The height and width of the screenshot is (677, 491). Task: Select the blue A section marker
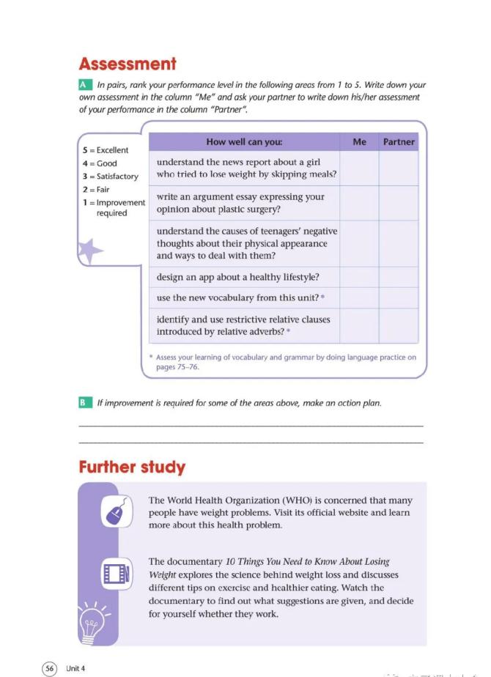point(84,86)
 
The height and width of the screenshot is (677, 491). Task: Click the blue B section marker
point(84,403)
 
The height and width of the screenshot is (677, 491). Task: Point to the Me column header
point(359,142)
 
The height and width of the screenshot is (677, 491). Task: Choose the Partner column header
point(399,142)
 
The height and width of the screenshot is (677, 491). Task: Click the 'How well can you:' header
point(244,142)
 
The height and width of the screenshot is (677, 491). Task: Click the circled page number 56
point(50,667)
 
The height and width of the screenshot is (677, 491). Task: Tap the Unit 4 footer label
point(75,667)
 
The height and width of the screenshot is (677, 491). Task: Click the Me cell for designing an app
point(359,278)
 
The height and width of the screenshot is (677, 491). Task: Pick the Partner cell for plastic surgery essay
point(399,203)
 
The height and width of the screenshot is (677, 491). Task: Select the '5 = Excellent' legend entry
point(106,150)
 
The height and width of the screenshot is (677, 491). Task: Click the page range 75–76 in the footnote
point(185,367)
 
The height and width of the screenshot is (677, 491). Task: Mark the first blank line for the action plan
point(251,426)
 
